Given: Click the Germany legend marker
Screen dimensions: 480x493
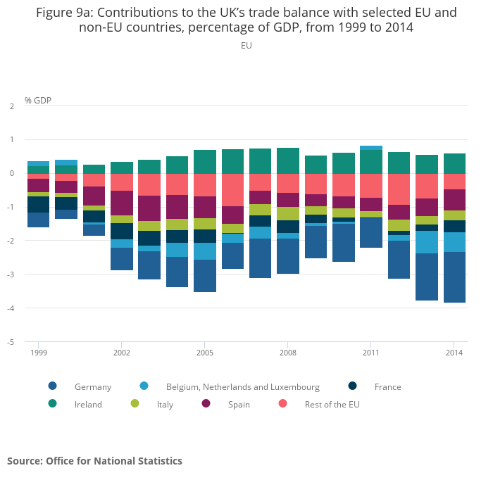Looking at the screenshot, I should (x=52, y=386).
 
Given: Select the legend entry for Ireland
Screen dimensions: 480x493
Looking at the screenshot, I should (x=88, y=404).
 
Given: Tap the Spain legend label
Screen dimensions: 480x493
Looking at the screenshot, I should (x=239, y=404).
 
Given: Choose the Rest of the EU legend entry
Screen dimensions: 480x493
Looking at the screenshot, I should (x=332, y=404).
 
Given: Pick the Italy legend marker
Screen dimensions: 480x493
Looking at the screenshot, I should (x=135, y=403).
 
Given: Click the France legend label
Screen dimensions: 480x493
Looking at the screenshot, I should (x=387, y=386).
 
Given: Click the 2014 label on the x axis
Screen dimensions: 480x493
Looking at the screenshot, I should (x=454, y=352).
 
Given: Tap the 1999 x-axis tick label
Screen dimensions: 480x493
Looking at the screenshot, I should (x=38, y=352).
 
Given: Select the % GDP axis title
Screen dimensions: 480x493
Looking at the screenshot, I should (x=38, y=100).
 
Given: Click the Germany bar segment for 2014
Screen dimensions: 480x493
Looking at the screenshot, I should (x=454, y=277).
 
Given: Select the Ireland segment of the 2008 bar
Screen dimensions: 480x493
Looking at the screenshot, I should (x=288, y=160).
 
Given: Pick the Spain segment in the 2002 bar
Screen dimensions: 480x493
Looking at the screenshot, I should (x=122, y=203).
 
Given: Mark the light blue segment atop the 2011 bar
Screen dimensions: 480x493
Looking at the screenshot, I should (x=371, y=148).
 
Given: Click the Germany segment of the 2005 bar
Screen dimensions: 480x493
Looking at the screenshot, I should (x=205, y=276).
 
